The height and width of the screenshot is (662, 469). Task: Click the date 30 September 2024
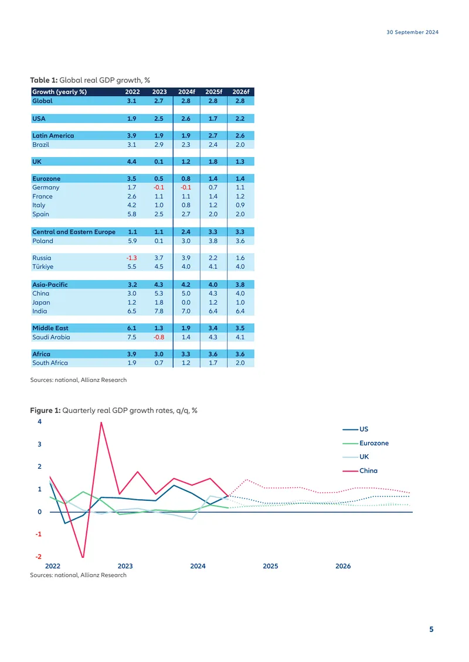[412, 32]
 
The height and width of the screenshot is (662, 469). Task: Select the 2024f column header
[186, 91]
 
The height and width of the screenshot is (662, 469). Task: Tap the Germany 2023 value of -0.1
[158, 187]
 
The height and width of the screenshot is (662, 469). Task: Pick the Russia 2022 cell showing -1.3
[131, 258]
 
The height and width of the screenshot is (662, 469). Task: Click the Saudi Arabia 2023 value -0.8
[158, 337]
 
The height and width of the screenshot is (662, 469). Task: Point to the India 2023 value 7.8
[159, 311]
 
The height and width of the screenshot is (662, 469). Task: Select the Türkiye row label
[43, 267]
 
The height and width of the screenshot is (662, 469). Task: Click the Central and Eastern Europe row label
[74, 232]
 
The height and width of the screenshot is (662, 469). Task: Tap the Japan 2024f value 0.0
[186, 302]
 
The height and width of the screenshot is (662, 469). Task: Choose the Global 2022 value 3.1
[132, 101]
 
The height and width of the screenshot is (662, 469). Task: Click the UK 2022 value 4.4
[132, 162]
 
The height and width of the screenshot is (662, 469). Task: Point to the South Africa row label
[50, 363]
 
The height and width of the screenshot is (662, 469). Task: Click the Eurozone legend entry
[365, 443]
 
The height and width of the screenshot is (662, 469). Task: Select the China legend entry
[360, 470]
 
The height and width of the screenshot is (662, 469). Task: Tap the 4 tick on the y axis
[40, 421]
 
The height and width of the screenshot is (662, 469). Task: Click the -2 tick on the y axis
[39, 557]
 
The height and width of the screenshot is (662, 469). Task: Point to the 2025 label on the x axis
[270, 566]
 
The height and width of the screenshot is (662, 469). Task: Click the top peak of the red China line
[101, 422]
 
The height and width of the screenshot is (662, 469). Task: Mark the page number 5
[431, 629]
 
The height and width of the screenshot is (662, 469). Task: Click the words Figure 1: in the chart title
[45, 410]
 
